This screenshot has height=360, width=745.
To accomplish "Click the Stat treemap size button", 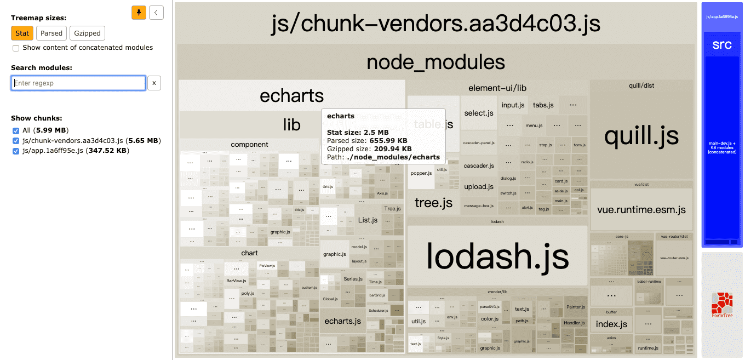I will click(22, 33).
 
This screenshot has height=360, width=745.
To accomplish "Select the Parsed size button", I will click(51, 33).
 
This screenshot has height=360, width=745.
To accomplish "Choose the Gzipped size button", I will click(87, 33).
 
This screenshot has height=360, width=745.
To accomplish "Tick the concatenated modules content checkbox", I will click(16, 48).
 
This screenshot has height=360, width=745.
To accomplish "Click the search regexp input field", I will click(78, 83).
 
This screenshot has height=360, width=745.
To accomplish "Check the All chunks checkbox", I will click(16, 130).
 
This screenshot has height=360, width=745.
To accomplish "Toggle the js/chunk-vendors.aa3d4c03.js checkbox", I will click(16, 140).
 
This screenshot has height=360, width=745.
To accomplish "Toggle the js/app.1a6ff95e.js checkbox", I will click(16, 151).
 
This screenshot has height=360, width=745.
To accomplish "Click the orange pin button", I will click(139, 13).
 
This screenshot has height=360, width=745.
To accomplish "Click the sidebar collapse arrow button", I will click(156, 13).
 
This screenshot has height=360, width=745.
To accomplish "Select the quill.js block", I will click(641, 135).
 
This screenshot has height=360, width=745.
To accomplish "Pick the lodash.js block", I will click(497, 256).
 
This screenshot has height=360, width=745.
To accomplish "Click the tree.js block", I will click(433, 203).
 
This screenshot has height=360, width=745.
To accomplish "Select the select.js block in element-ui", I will click(479, 113).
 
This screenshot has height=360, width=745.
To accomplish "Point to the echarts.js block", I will click(343, 321).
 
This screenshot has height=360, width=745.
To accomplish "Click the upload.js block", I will click(479, 187).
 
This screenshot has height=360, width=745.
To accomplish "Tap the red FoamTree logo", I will click(721, 304).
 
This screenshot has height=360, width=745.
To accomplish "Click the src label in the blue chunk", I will click(721, 45).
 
